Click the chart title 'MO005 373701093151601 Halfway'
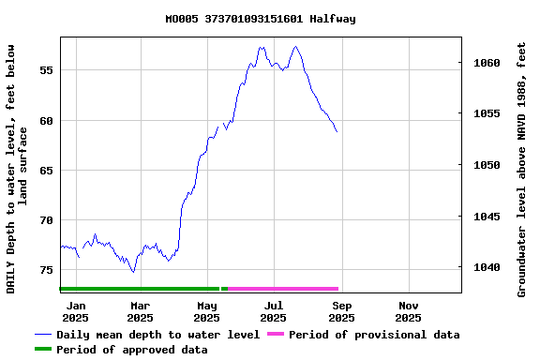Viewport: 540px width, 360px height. pyautogui.click(x=260, y=19)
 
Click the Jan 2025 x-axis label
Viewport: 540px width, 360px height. pyautogui.click(x=76, y=311)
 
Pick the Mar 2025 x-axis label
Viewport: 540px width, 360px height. pyautogui.click(x=140, y=311)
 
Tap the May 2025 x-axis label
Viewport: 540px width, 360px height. pyautogui.click(x=206, y=311)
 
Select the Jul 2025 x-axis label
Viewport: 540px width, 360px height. pyautogui.click(x=274, y=311)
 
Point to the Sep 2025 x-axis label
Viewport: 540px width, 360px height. pyautogui.click(x=341, y=311)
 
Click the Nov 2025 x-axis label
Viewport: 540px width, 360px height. pyautogui.click(x=408, y=311)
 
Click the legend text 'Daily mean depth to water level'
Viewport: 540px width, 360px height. pyautogui.click(x=157, y=335)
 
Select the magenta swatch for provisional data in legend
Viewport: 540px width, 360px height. pyautogui.click(x=275, y=335)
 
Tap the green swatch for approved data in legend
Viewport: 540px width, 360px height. pyautogui.click(x=42, y=350)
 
